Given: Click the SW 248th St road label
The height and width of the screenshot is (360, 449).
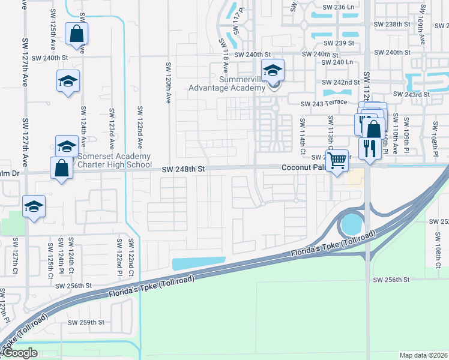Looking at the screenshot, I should click(184, 170).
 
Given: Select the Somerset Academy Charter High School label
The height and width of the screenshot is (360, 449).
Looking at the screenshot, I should click(115, 160).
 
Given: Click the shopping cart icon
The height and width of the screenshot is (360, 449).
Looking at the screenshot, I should click(338, 160).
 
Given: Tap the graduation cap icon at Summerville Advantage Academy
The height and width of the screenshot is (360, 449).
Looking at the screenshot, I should click(273, 71).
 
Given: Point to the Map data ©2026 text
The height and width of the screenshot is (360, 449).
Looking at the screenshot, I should click(423, 355).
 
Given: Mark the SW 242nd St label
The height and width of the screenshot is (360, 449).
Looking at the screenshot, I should click(340, 82).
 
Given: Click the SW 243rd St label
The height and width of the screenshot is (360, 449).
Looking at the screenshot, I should click(411, 94).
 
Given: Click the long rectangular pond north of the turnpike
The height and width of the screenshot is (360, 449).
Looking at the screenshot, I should click(199, 263).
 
